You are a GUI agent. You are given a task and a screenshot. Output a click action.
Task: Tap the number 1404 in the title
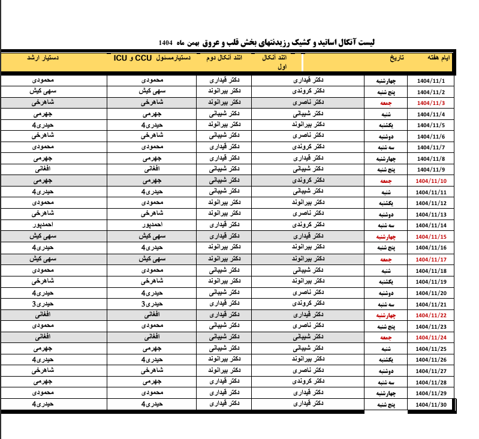pyautogui.click(x=165, y=43)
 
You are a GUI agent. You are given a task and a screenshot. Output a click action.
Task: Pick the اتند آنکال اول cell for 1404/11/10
pyautogui.click(x=311, y=181)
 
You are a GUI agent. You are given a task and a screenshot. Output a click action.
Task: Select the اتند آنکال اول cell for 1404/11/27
pyautogui.click(x=311, y=371)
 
